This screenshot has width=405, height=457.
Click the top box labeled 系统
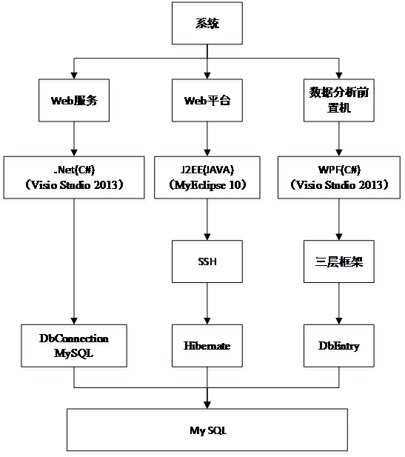(x=207, y=23)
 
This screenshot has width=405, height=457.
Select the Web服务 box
(x=74, y=100)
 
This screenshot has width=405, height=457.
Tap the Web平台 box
(x=207, y=100)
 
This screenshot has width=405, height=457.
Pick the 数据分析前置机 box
(x=339, y=100)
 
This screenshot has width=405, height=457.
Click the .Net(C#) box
(x=74, y=178)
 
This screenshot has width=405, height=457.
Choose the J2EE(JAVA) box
(x=207, y=178)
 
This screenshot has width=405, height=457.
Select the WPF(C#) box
(x=339, y=178)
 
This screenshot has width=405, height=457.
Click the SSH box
(x=207, y=261)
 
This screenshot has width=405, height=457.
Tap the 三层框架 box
(x=339, y=261)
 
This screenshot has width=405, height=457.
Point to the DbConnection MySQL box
(x=74, y=346)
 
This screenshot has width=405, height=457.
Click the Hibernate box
(x=207, y=346)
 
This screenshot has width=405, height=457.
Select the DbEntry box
(x=339, y=346)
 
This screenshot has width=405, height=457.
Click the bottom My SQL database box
(x=207, y=430)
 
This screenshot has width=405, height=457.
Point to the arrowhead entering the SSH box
(x=207, y=237)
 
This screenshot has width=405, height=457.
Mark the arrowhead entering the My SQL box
(x=207, y=405)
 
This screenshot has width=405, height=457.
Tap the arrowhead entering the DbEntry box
(x=339, y=321)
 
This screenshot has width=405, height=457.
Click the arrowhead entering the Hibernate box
(x=207, y=321)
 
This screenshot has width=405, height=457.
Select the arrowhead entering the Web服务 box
(x=74, y=76)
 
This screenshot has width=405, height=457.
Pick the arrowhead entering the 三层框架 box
(x=339, y=237)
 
